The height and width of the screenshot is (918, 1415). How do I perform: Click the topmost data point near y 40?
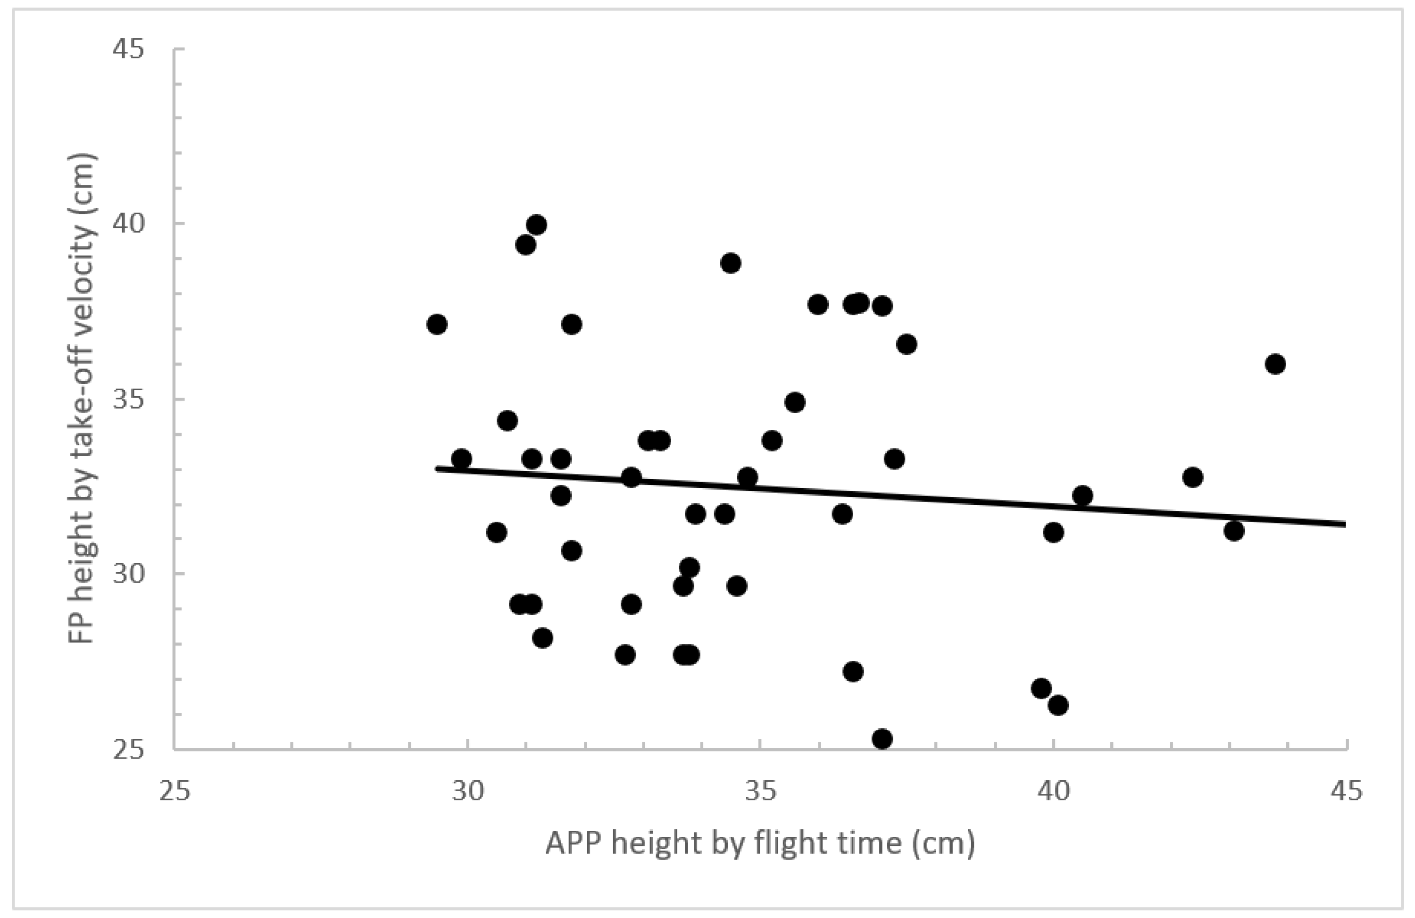[536, 225]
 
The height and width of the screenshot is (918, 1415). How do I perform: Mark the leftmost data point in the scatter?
[437, 325]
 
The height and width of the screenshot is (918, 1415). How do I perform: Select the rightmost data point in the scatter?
[1275, 364]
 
